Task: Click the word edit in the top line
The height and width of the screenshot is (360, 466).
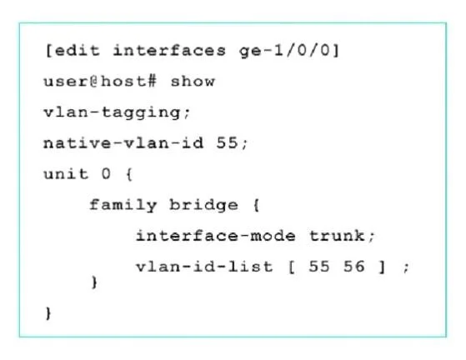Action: (x=78, y=51)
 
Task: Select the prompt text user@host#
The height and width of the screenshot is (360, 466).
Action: (x=100, y=82)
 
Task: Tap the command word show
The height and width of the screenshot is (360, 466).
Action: (x=193, y=82)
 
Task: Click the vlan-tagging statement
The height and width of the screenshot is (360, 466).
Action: (x=117, y=113)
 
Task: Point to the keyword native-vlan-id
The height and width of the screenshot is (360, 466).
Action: (x=123, y=142)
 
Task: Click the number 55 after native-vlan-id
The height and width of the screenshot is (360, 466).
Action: (x=228, y=142)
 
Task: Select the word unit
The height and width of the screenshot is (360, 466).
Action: (x=66, y=174)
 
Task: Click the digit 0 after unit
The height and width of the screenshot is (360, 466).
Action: (x=106, y=174)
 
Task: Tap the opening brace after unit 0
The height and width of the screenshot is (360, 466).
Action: (x=129, y=174)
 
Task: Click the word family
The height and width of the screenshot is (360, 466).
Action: (x=123, y=206)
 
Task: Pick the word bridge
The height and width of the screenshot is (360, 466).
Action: (x=204, y=206)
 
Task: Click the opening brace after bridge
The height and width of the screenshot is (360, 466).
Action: (x=257, y=205)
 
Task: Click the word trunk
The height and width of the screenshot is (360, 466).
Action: (x=338, y=236)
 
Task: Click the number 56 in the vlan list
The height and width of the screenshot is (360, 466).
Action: (x=354, y=267)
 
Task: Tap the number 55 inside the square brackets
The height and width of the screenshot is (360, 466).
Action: (x=319, y=267)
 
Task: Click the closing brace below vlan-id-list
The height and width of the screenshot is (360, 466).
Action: (x=94, y=282)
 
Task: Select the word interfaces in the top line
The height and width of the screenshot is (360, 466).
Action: (x=169, y=51)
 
